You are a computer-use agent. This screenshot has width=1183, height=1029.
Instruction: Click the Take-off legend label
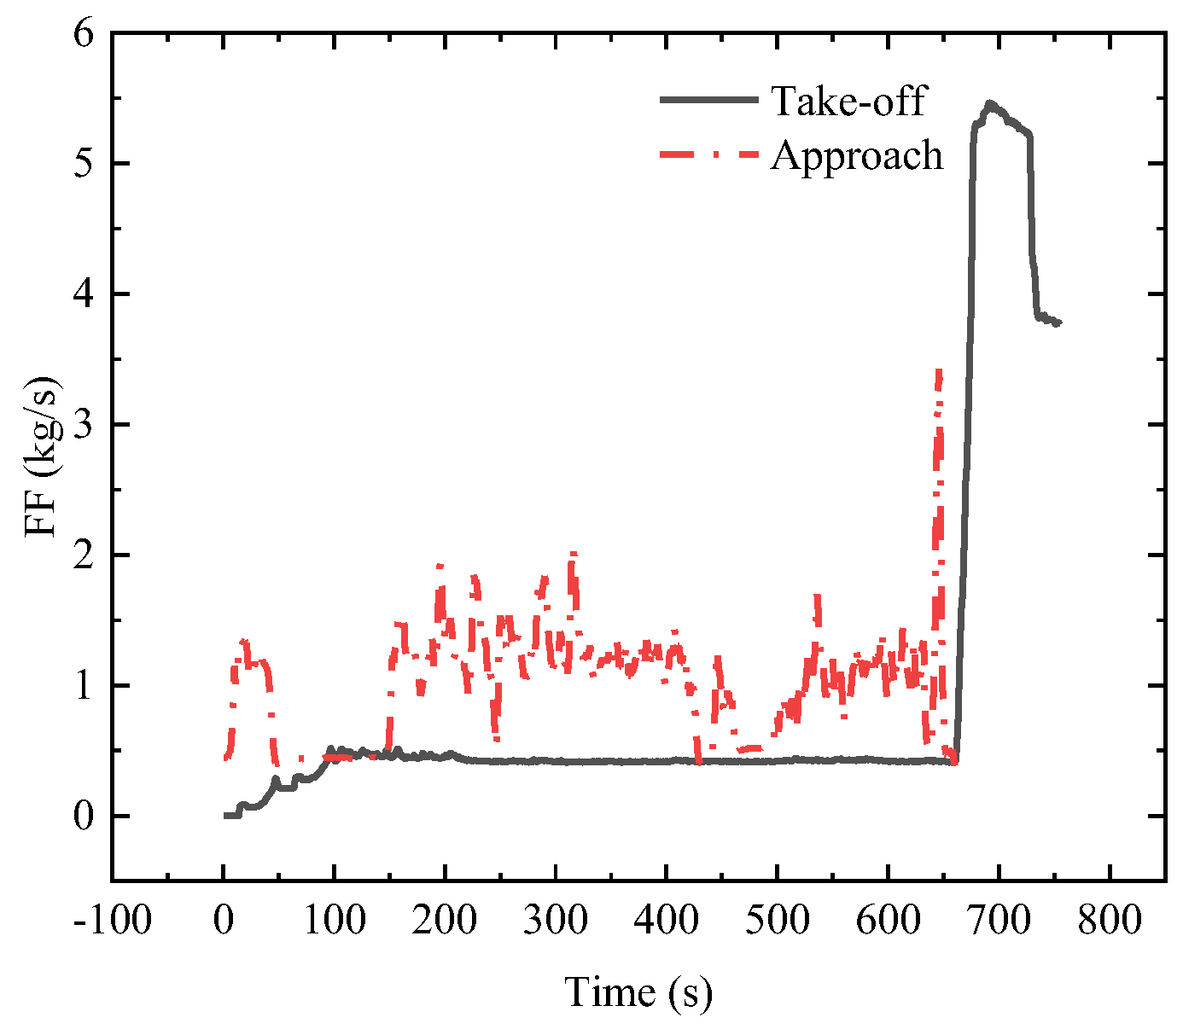848,101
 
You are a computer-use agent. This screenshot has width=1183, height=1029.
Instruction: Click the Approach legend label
857,155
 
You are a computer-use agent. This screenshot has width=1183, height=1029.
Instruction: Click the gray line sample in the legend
708,100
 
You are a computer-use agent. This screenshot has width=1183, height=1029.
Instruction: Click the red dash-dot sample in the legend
708,154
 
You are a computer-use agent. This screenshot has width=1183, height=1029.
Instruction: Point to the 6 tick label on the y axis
83,34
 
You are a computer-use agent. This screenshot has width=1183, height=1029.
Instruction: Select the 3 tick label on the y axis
83,425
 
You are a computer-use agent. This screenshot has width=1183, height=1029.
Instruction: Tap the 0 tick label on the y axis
83,817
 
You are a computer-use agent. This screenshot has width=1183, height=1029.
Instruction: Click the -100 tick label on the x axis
112,921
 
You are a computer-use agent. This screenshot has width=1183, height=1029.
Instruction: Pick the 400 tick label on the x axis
666,921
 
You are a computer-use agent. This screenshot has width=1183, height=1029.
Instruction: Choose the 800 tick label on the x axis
1108,921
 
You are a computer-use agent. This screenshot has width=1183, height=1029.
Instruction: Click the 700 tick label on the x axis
998,921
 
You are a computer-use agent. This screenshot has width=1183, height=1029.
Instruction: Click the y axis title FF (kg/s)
41,456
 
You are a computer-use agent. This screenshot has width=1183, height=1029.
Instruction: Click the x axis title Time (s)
638,992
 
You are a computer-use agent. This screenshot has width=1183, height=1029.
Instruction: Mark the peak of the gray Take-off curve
990,103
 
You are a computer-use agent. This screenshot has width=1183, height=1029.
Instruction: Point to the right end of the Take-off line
1059,323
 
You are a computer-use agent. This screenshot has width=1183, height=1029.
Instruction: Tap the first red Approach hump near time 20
244,642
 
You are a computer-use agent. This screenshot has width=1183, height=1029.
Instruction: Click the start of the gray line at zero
225,816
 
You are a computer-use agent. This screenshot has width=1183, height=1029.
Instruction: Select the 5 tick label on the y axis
83,164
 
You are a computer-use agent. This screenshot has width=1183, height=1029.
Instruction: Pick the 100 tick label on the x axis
333,921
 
